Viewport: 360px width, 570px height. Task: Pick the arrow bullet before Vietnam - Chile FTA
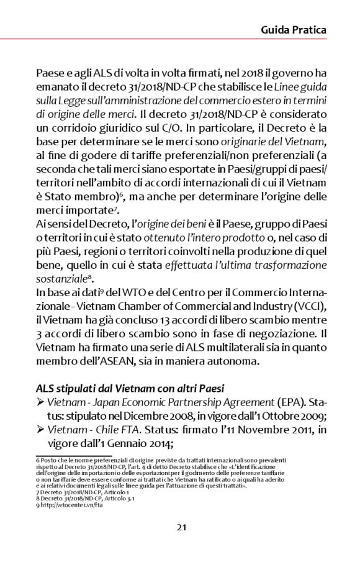tap(40, 432)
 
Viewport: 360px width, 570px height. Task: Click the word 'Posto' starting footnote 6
tap(49, 460)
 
